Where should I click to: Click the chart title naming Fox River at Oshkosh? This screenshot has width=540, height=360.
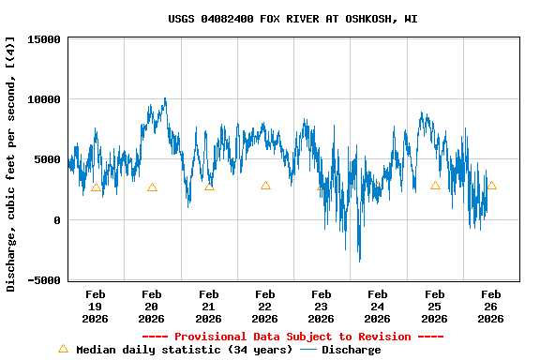click(x=292, y=18)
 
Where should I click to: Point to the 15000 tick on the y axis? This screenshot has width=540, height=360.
click(x=44, y=39)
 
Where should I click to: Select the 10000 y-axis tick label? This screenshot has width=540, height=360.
click(x=44, y=99)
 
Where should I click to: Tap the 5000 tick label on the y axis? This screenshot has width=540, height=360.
click(x=48, y=159)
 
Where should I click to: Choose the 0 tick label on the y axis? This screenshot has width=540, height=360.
click(x=57, y=220)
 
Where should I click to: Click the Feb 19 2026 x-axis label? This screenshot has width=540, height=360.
click(x=96, y=307)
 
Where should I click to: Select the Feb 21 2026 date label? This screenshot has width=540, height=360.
click(x=208, y=307)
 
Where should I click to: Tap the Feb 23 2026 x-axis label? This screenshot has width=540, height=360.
click(x=322, y=307)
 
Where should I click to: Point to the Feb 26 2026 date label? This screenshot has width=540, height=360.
click(x=490, y=307)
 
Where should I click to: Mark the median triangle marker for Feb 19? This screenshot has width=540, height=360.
click(x=96, y=187)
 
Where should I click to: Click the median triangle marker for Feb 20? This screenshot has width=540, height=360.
click(x=152, y=187)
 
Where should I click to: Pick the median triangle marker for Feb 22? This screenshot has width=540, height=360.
click(x=265, y=186)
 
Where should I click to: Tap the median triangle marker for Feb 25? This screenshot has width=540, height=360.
click(x=435, y=186)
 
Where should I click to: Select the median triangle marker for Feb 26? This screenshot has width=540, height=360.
click(x=491, y=186)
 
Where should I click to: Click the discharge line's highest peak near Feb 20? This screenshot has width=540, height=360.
click(x=165, y=98)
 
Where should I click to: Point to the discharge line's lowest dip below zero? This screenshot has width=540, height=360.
click(x=359, y=261)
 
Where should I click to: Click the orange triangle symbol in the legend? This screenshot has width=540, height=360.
click(x=63, y=349)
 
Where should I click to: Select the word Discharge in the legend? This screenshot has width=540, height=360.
click(x=351, y=350)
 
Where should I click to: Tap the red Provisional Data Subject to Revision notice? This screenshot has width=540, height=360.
click(x=292, y=337)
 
